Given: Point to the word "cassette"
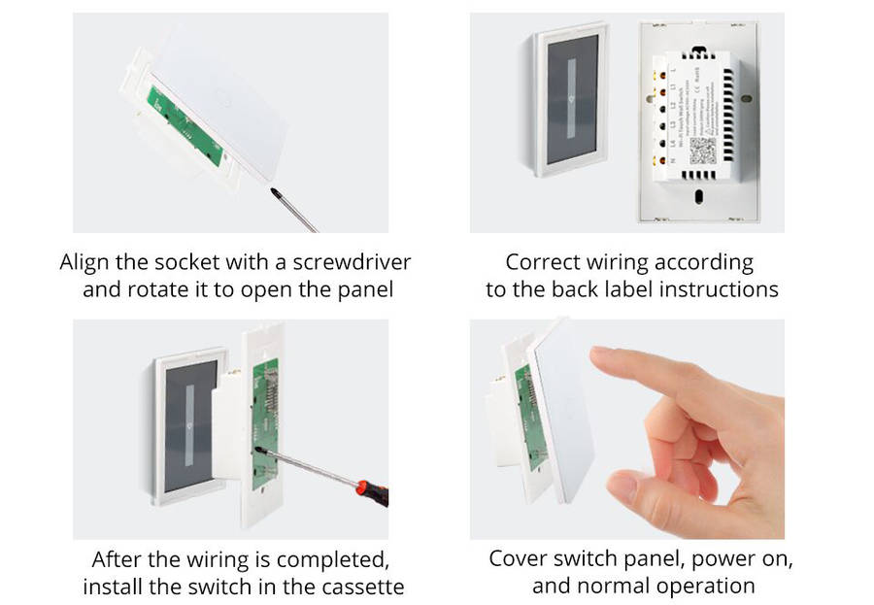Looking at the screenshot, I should coord(361,587).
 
